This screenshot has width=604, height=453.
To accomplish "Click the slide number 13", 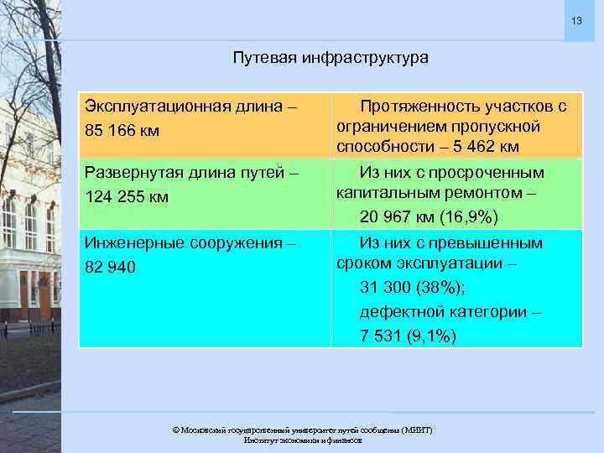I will tap(576, 20).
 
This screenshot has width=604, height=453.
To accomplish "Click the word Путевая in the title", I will tap(261, 58).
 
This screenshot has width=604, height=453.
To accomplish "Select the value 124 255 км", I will tap(128, 197).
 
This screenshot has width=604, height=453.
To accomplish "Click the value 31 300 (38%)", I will tap(409, 287).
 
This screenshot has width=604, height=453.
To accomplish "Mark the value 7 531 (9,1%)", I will tap(409, 336).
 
